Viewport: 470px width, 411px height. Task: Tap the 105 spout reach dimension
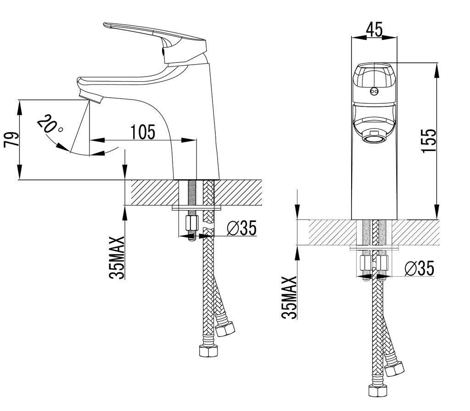pos(143,132)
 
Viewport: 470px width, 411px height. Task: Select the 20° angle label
pos(50,125)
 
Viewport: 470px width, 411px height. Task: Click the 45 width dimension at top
pos(374,30)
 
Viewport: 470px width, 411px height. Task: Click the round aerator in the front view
pos(374,136)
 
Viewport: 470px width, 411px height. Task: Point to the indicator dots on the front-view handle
pos(374,91)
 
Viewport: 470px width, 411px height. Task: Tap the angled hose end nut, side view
pos(225,328)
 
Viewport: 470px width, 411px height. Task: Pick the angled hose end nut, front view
pos(394,368)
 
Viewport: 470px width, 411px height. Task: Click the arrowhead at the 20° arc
pos(61,146)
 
